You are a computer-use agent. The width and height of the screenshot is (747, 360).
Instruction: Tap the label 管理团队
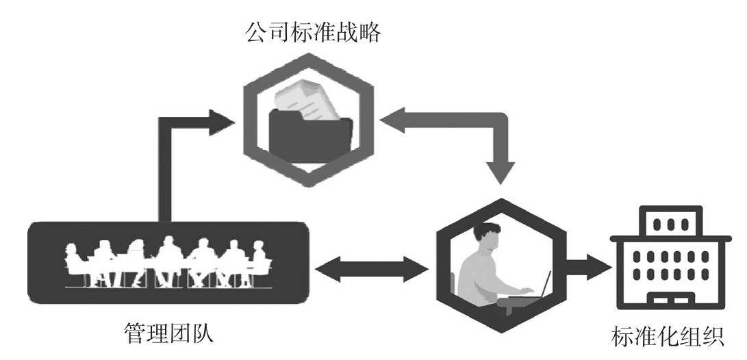168,334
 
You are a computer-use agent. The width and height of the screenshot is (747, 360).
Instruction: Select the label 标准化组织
667,337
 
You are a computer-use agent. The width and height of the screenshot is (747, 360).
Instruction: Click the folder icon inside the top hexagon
311,134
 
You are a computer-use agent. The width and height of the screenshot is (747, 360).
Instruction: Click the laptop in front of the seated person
544,287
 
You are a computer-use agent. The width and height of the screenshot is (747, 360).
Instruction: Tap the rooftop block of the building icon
667,223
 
